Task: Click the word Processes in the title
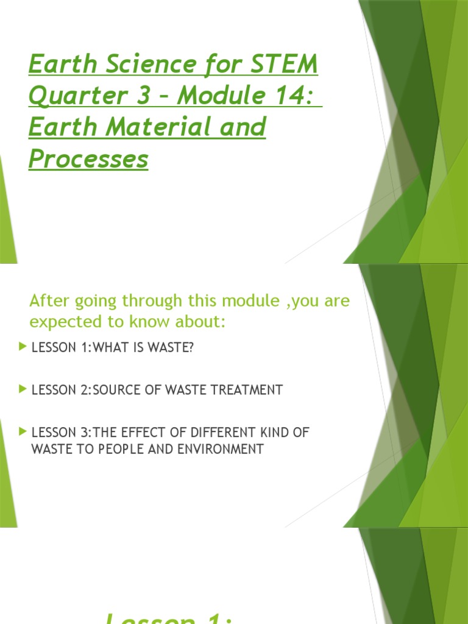pyautogui.click(x=88, y=159)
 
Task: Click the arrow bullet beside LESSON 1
pyautogui.click(x=23, y=347)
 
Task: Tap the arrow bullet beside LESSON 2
pyautogui.click(x=23, y=389)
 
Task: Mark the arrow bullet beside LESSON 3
pyautogui.click(x=23, y=431)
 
